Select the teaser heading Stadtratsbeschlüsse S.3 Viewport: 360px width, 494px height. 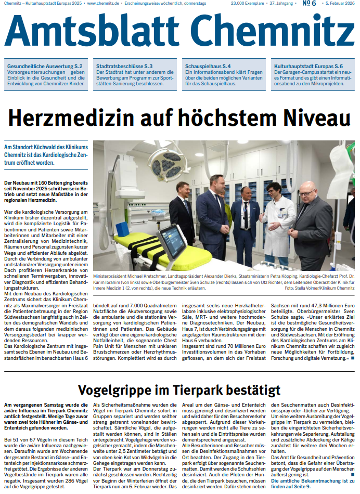pyautogui.click(x=124, y=67)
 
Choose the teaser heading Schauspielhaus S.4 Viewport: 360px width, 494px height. pyautogui.click(x=208, y=67)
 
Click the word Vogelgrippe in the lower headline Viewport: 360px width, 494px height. pyautogui.click(x=122, y=389)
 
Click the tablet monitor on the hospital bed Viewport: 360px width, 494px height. pyautogui.click(x=171, y=242)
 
